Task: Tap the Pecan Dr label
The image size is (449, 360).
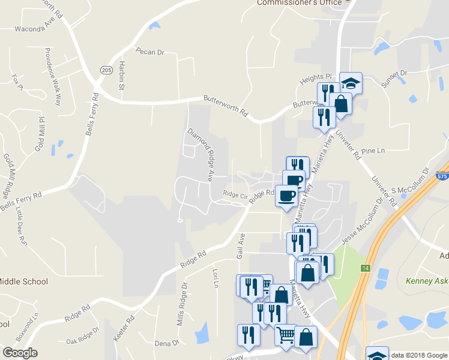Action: click(x=149, y=52)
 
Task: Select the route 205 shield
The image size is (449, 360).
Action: click(x=106, y=70)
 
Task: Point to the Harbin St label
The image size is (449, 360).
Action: click(x=121, y=76)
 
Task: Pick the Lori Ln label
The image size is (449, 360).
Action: click(x=215, y=277)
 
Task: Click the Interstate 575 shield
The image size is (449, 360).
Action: click(x=442, y=176)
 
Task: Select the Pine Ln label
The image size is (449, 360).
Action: click(x=373, y=151)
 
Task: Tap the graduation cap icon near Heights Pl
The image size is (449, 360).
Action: click(x=351, y=83)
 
